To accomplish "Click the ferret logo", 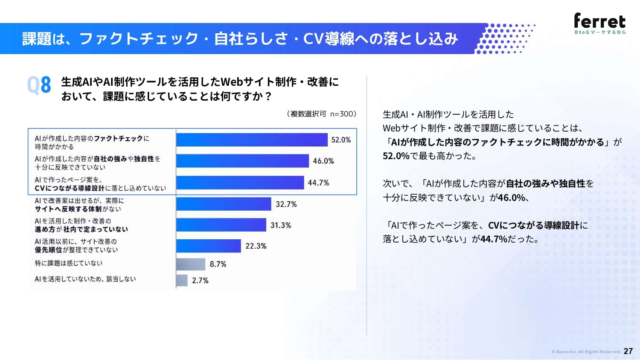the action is tap(600, 23).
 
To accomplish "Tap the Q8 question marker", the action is tap(39, 85).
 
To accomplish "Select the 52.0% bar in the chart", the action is tap(252, 140).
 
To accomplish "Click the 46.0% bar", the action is tap(242, 161).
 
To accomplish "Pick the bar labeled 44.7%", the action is tap(240, 183).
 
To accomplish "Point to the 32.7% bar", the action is tap(224, 204).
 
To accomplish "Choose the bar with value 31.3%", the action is tap(221, 225).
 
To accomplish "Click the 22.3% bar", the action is tap(209, 246).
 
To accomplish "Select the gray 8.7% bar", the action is tap(191, 264).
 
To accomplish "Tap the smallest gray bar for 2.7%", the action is tap(182, 280).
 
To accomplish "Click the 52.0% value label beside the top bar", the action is tap(341, 140).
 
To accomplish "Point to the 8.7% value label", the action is tap(218, 264).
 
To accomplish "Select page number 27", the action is tap(628, 351).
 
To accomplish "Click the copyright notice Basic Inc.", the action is tap(586, 352).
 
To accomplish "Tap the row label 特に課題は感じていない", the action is tap(69, 263).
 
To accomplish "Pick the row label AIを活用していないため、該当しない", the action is tap(85, 279).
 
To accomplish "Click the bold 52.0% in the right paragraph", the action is tap(396, 156).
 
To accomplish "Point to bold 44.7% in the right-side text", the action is tap(494, 238).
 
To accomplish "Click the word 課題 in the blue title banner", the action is tap(37, 38).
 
